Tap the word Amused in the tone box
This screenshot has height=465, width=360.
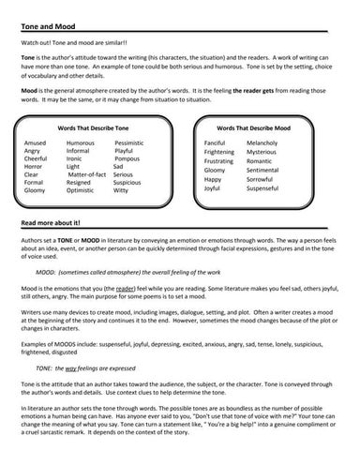(x=35, y=142)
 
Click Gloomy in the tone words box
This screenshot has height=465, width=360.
(x=35, y=189)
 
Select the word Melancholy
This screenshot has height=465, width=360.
(x=267, y=142)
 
